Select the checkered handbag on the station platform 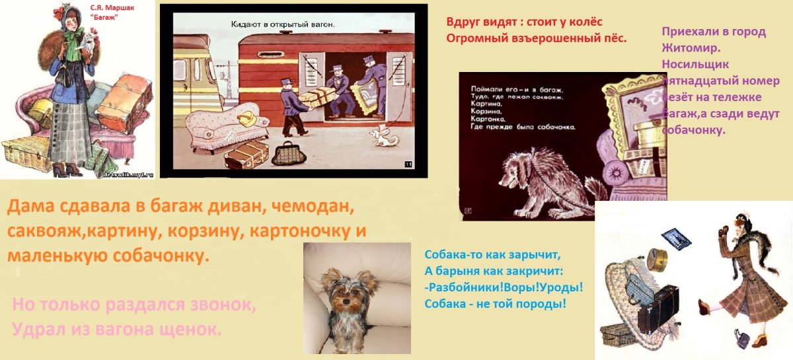coord(286,155)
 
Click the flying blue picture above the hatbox coord(675,237)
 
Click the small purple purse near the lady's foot coord(742,340)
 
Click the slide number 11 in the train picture coord(407,164)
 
